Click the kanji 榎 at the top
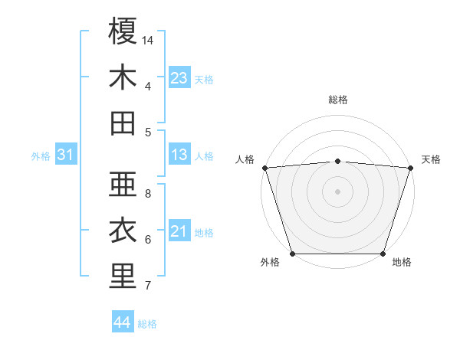pos(123,31)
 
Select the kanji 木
pos(123,78)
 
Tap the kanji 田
pos(123,124)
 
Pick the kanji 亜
pos(123,185)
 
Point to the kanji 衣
pos(123,231)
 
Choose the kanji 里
pos(123,277)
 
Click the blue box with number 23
pos(179,78)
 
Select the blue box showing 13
pos(179,155)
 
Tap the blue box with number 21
pos(179,231)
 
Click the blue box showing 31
pos(66,155)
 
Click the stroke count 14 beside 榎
pos(148,39)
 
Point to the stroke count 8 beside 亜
pos(148,193)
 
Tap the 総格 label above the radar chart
pos(338,100)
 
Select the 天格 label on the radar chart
pos(431,159)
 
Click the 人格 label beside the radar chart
pos(245,159)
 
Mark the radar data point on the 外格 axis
pos(292,254)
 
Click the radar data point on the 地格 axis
pos(383,254)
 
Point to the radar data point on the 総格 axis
pos(338,161)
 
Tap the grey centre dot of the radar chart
pos(338,191)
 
